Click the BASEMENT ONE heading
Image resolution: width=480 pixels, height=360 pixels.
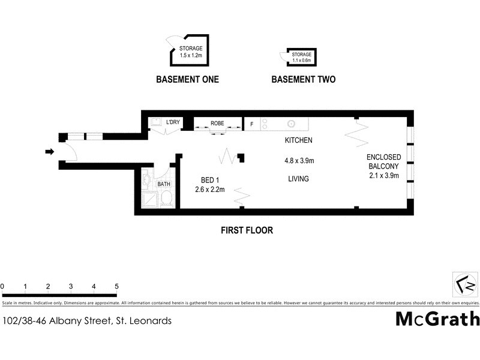coord(187,79)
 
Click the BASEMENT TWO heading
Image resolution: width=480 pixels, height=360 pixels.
coord(303,79)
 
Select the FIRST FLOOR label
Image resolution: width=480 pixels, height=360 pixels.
coord(247,230)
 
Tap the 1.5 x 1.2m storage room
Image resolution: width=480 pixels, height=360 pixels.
coord(191,51)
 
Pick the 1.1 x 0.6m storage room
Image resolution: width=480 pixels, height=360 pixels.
coord(302,57)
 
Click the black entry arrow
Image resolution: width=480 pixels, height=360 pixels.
coord(49,152)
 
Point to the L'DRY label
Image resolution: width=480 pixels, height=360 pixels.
coord(173,123)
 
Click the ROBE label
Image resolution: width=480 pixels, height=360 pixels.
coord(217,124)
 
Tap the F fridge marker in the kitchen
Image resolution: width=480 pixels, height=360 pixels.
coord(251,124)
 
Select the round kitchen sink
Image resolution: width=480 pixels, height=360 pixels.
coord(291,124)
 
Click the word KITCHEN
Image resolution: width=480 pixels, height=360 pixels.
coord(298,140)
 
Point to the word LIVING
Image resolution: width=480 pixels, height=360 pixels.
coord(298,179)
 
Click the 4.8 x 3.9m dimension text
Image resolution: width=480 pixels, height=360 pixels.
coord(298,160)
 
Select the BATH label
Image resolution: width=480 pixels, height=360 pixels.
coord(164,185)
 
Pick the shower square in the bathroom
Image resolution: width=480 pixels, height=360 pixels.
coord(147,199)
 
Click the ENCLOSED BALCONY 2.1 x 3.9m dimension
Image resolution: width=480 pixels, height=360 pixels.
coord(384,176)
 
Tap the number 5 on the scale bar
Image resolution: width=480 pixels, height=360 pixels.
coord(116,286)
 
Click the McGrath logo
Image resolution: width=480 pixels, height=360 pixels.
coord(437,318)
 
